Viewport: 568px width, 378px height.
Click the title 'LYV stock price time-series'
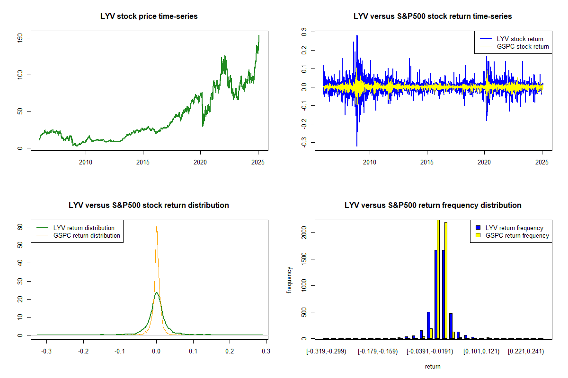pyautogui.click(x=149, y=16)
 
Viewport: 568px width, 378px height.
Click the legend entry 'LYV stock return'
pyautogui.click(x=520, y=39)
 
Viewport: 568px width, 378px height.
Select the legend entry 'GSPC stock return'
pyautogui.click(x=523, y=46)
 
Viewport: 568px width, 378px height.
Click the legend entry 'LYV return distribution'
pyautogui.click(x=84, y=228)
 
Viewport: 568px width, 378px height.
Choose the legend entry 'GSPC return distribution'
pyautogui.click(x=87, y=235)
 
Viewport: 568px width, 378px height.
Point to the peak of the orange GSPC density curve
pyautogui.click(x=156, y=227)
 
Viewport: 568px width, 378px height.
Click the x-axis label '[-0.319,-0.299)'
pyautogui.click(x=327, y=352)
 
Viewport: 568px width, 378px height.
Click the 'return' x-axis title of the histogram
pyautogui.click(x=433, y=366)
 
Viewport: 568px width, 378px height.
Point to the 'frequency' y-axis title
pyautogui.click(x=289, y=280)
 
